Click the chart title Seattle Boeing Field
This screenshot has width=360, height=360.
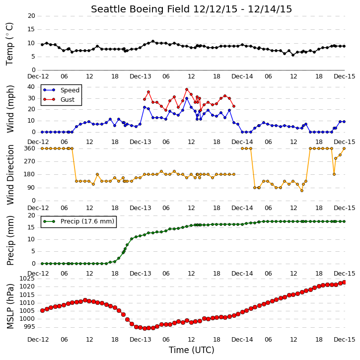coord(141,9)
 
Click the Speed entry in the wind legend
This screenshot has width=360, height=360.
coord(70,90)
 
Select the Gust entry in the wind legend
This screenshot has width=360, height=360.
coord(68,100)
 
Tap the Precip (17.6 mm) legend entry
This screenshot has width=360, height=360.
coord(87,221)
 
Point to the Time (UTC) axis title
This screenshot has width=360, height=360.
coord(192,350)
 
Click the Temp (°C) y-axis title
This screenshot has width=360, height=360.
coord(9,44)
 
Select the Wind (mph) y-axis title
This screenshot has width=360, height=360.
coord(10,109)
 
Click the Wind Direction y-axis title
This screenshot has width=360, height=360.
coord(10,175)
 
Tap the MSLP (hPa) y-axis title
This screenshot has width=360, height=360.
coord(10,306)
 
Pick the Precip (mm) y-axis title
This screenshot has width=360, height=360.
coord(10,241)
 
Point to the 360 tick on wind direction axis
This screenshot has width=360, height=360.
coord(30,148)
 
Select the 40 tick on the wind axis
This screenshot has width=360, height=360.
coord(31,87)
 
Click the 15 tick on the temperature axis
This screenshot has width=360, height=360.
coord(31,29)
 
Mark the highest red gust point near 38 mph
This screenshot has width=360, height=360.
coord(187,89)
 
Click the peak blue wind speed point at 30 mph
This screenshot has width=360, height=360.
coord(187,98)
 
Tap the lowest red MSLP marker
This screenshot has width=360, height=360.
coord(144,329)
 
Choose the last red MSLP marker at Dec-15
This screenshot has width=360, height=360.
coord(344,282)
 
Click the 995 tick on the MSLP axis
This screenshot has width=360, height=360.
coord(29,327)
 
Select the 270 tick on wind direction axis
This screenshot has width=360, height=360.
coord(30,161)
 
